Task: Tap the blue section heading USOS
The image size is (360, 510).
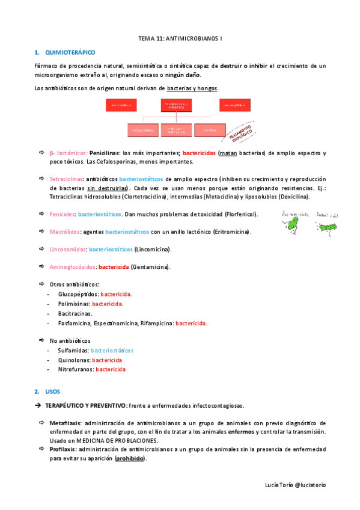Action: tap(52, 392)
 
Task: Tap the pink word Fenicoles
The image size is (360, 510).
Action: tap(62, 214)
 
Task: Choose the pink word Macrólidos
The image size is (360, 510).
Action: tap(65, 232)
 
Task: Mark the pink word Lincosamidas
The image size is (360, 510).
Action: tap(67, 249)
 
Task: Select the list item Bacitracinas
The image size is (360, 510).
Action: tap(75, 313)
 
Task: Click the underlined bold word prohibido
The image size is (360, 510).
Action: tap(130, 458)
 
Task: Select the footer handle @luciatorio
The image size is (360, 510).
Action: tap(310, 484)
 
